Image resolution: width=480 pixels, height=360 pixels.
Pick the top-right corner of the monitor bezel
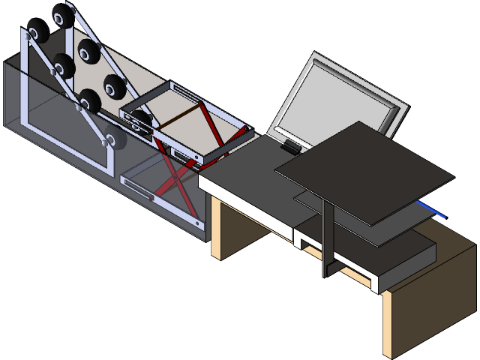pos(403,106)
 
